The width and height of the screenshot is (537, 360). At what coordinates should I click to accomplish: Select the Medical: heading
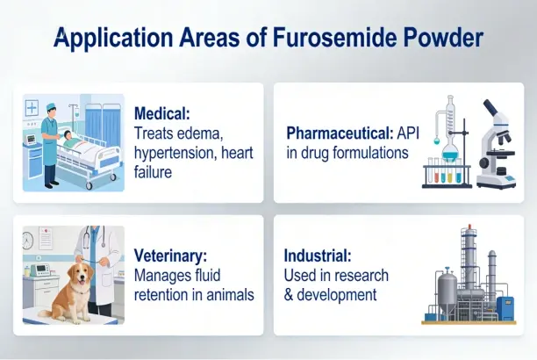162,114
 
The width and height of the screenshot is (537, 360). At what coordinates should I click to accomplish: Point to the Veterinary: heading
170,256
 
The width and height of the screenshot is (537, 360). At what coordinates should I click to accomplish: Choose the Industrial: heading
318,256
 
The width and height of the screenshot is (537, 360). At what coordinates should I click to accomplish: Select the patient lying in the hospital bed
70,140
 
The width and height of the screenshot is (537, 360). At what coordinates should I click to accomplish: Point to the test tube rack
446,174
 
